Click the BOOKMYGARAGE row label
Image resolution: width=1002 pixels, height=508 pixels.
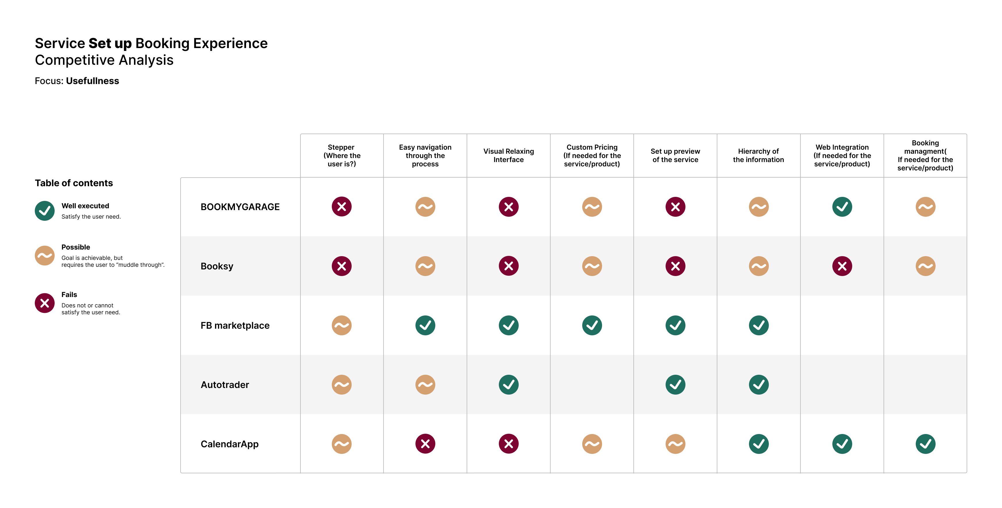pyautogui.click(x=240, y=207)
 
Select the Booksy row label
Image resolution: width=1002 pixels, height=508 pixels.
pyautogui.click(x=217, y=266)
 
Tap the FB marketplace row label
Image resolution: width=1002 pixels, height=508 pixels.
pyautogui.click(x=235, y=326)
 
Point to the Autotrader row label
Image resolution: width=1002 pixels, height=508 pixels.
pyautogui.click(x=225, y=385)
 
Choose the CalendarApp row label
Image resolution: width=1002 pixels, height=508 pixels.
pyautogui.click(x=229, y=444)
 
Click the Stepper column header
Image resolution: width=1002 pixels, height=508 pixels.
pyautogui.click(x=342, y=155)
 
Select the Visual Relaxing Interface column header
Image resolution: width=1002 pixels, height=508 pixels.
pyautogui.click(x=508, y=155)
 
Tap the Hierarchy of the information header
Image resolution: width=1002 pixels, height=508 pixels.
pyautogui.click(x=758, y=155)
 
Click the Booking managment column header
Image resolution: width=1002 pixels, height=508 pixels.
pyautogui.click(x=925, y=155)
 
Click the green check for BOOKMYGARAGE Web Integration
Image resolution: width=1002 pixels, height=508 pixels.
pyautogui.click(x=842, y=207)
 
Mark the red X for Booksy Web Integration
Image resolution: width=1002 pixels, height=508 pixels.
pyautogui.click(x=842, y=266)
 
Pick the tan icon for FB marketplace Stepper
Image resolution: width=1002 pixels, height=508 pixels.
pyautogui.click(x=342, y=326)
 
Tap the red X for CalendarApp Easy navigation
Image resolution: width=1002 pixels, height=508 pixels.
pyautogui.click(x=425, y=444)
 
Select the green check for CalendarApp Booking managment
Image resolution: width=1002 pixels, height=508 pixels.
pyautogui.click(x=925, y=444)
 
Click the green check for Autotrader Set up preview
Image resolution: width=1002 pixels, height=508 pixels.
pyautogui.click(x=675, y=385)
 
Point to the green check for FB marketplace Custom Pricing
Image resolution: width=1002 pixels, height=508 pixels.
pyautogui.click(x=592, y=326)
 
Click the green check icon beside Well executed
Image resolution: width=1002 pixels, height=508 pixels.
pyautogui.click(x=45, y=211)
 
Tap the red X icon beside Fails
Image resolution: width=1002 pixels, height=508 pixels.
pyautogui.click(x=45, y=303)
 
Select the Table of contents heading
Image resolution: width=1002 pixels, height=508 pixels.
pyautogui.click(x=74, y=183)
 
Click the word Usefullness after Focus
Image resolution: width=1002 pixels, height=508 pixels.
pyautogui.click(x=93, y=81)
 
